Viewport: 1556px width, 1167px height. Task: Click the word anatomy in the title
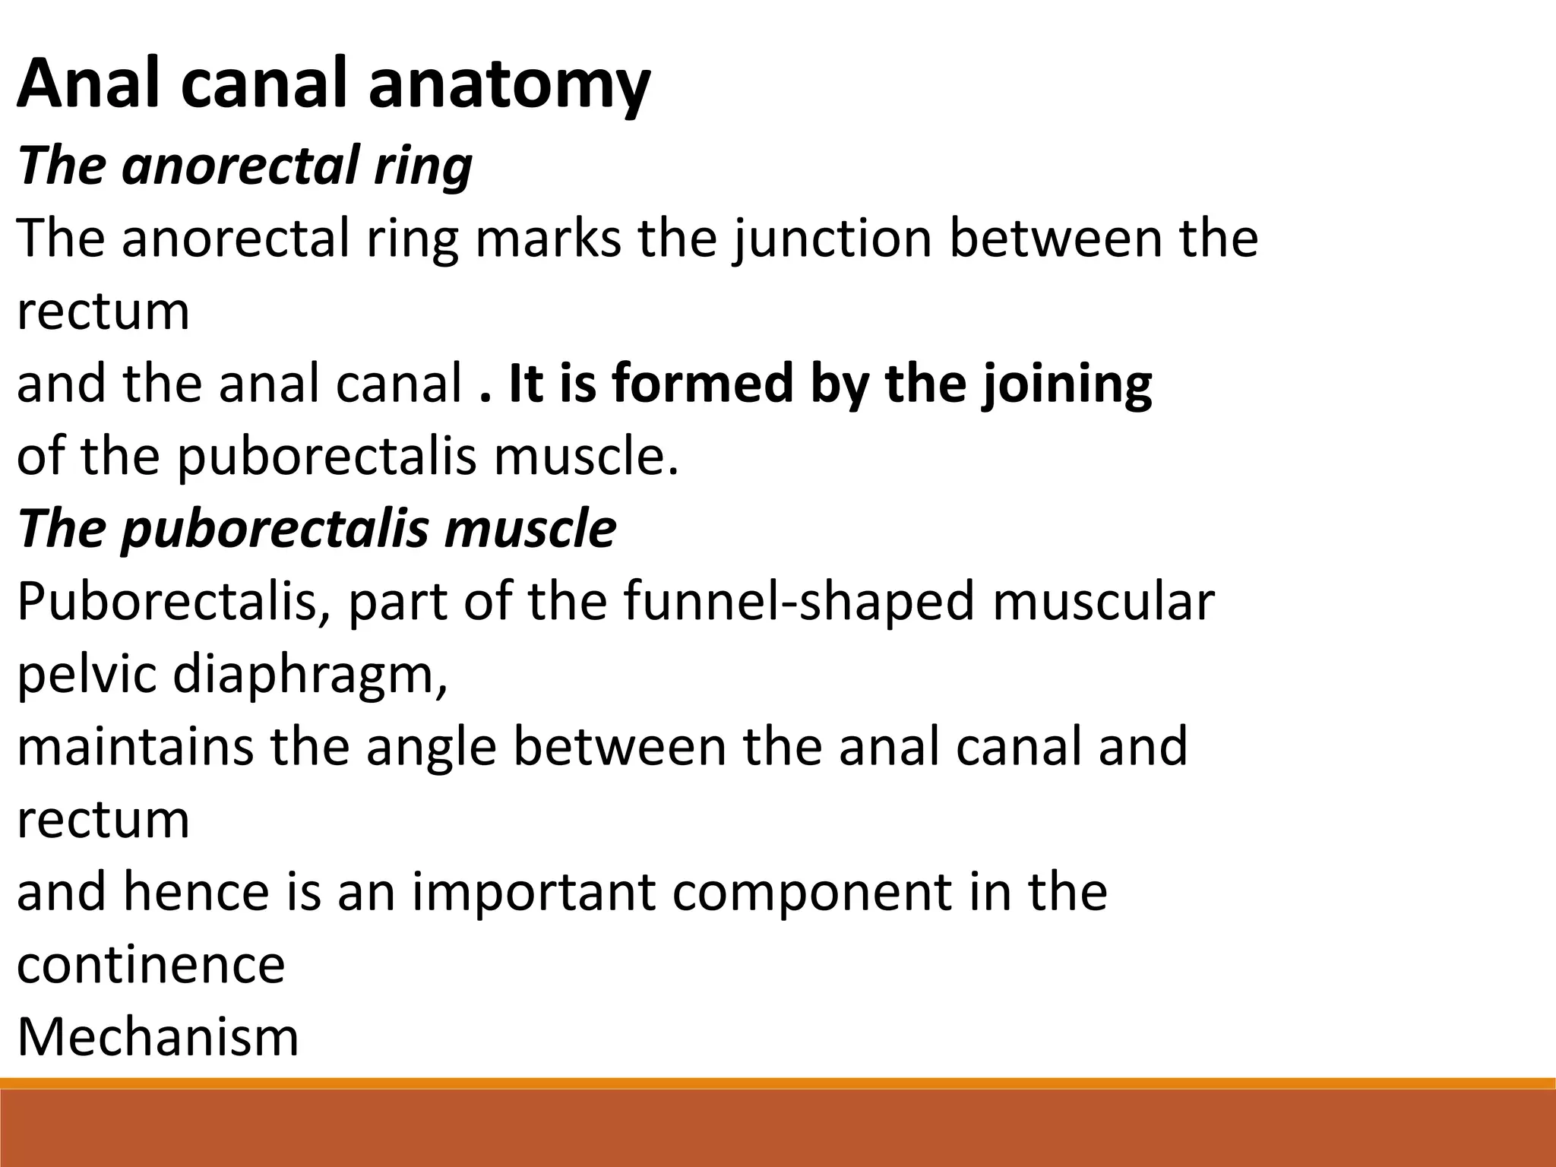509,85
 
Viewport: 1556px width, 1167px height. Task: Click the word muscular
1103,602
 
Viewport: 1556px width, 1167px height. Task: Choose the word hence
196,892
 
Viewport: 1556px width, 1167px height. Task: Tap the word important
533,892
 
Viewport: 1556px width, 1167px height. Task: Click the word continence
150,965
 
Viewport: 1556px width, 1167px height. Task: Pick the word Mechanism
158,1037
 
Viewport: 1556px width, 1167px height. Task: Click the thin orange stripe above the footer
778,1083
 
